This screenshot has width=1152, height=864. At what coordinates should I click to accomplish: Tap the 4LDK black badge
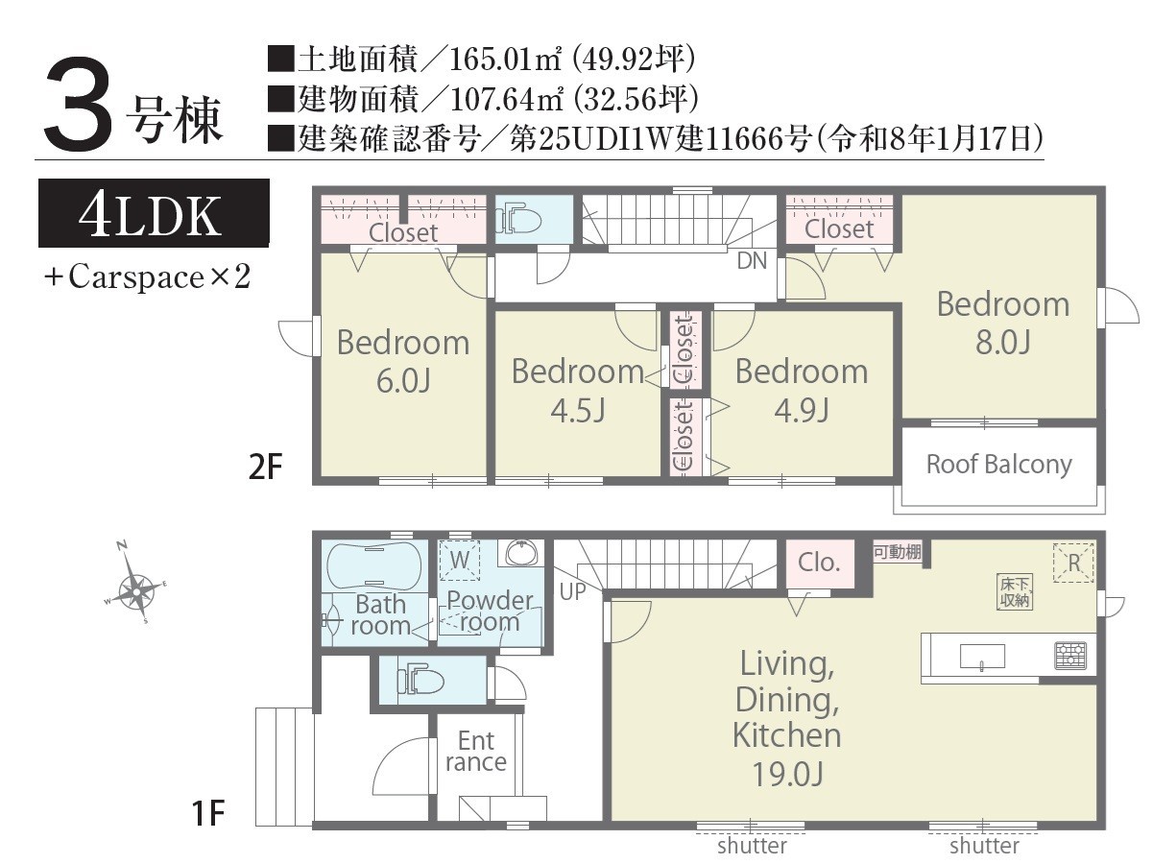tap(154, 213)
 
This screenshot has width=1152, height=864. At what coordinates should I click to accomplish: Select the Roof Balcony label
tap(998, 465)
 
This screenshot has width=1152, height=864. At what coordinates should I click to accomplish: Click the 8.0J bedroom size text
tap(1003, 342)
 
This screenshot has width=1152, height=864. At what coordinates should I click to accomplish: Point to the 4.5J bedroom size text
tap(577, 410)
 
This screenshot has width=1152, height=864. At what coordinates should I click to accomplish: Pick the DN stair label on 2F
tap(752, 261)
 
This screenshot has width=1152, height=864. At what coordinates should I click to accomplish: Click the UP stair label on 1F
tap(572, 591)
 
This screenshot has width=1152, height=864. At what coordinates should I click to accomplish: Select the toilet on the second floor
tap(518, 222)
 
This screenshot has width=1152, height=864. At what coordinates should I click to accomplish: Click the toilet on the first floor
tap(420, 682)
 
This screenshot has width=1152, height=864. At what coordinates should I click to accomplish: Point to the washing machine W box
tap(460, 560)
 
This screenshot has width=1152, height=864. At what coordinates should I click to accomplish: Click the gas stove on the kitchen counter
tap(1070, 656)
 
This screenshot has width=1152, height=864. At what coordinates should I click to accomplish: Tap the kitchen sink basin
tap(982, 657)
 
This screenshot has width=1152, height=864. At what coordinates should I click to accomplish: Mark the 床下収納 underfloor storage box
tap(1015, 591)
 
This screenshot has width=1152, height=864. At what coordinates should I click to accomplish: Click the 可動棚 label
tap(898, 552)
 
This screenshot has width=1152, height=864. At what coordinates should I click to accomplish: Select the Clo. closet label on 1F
tap(819, 563)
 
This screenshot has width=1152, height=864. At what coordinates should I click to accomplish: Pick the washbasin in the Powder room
tap(520, 552)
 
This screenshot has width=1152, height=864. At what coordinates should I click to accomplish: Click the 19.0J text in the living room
tap(787, 773)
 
